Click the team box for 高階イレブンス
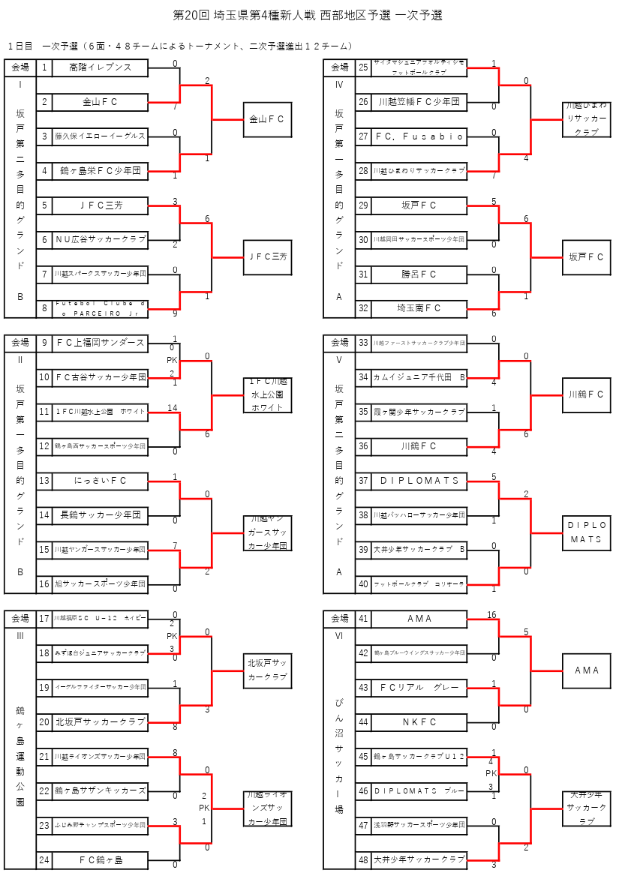click(x=100, y=68)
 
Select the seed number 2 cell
click(x=44, y=102)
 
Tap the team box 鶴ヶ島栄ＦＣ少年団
click(x=100, y=171)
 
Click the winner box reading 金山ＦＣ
click(x=267, y=119)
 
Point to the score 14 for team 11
click(x=173, y=408)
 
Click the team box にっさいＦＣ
click(x=100, y=481)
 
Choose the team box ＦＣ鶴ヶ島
click(x=100, y=859)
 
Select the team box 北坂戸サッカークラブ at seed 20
click(x=100, y=722)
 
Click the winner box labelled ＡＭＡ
click(x=586, y=670)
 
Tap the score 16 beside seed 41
click(x=491, y=615)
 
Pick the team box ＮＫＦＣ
click(x=419, y=722)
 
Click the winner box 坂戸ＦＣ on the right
click(x=586, y=257)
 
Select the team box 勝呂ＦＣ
click(x=419, y=274)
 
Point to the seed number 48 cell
click(x=363, y=859)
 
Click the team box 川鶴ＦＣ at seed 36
click(x=419, y=446)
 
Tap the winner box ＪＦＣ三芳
click(x=267, y=257)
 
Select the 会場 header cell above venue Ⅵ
click(x=339, y=619)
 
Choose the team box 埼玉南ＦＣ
click(x=419, y=308)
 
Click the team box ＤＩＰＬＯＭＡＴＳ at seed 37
click(x=419, y=481)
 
